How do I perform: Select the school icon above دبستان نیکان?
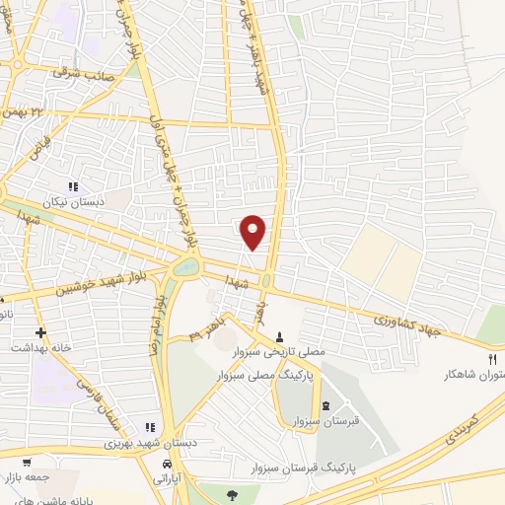(72, 185)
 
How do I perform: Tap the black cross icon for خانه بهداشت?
(40, 332)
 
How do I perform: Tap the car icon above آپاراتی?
(169, 464)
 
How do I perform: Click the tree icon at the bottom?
(232, 494)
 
